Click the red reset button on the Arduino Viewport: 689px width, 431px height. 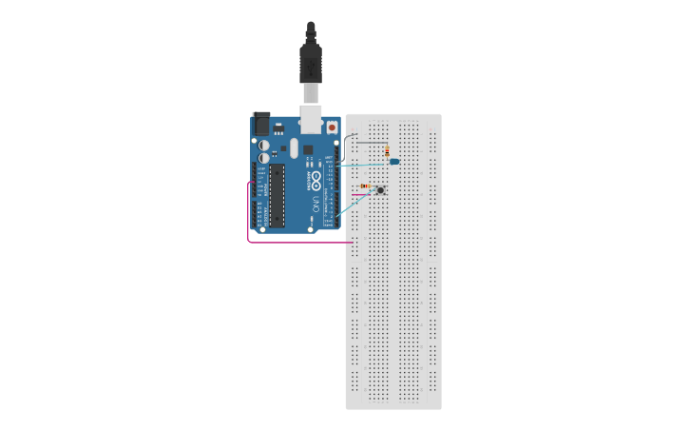tap(332, 126)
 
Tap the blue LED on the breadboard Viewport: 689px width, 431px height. tap(395, 163)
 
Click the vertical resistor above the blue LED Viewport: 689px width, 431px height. tap(387, 152)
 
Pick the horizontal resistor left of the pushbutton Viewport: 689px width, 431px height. tap(366, 186)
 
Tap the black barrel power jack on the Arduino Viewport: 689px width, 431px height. tap(260, 123)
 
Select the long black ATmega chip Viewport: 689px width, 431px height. tap(277, 195)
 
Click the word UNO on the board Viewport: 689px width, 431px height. tap(316, 204)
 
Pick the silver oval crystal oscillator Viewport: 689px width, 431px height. tap(295, 148)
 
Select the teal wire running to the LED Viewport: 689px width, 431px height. tap(366, 164)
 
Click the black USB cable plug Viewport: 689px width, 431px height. tap(310, 62)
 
